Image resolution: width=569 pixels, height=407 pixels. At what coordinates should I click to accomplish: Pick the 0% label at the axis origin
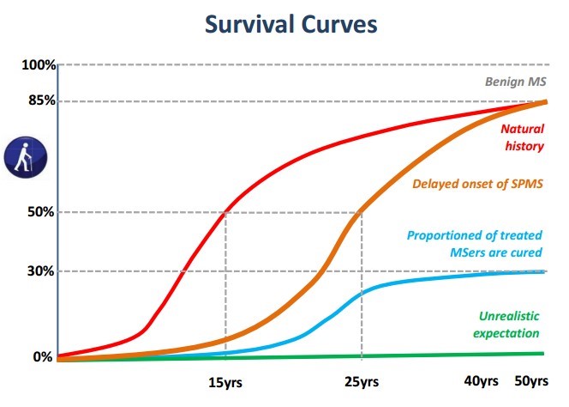(x=43, y=356)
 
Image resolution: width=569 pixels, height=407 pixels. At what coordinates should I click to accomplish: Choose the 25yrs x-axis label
(x=362, y=381)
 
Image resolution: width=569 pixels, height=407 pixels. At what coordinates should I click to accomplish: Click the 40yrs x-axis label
(x=482, y=381)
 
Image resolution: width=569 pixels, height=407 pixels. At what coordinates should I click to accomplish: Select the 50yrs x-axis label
(x=531, y=381)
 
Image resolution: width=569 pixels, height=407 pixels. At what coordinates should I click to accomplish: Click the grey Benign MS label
(x=512, y=83)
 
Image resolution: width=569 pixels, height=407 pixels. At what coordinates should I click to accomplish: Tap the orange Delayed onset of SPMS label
(x=477, y=183)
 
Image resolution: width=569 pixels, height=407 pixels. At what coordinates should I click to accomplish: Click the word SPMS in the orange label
(x=524, y=183)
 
